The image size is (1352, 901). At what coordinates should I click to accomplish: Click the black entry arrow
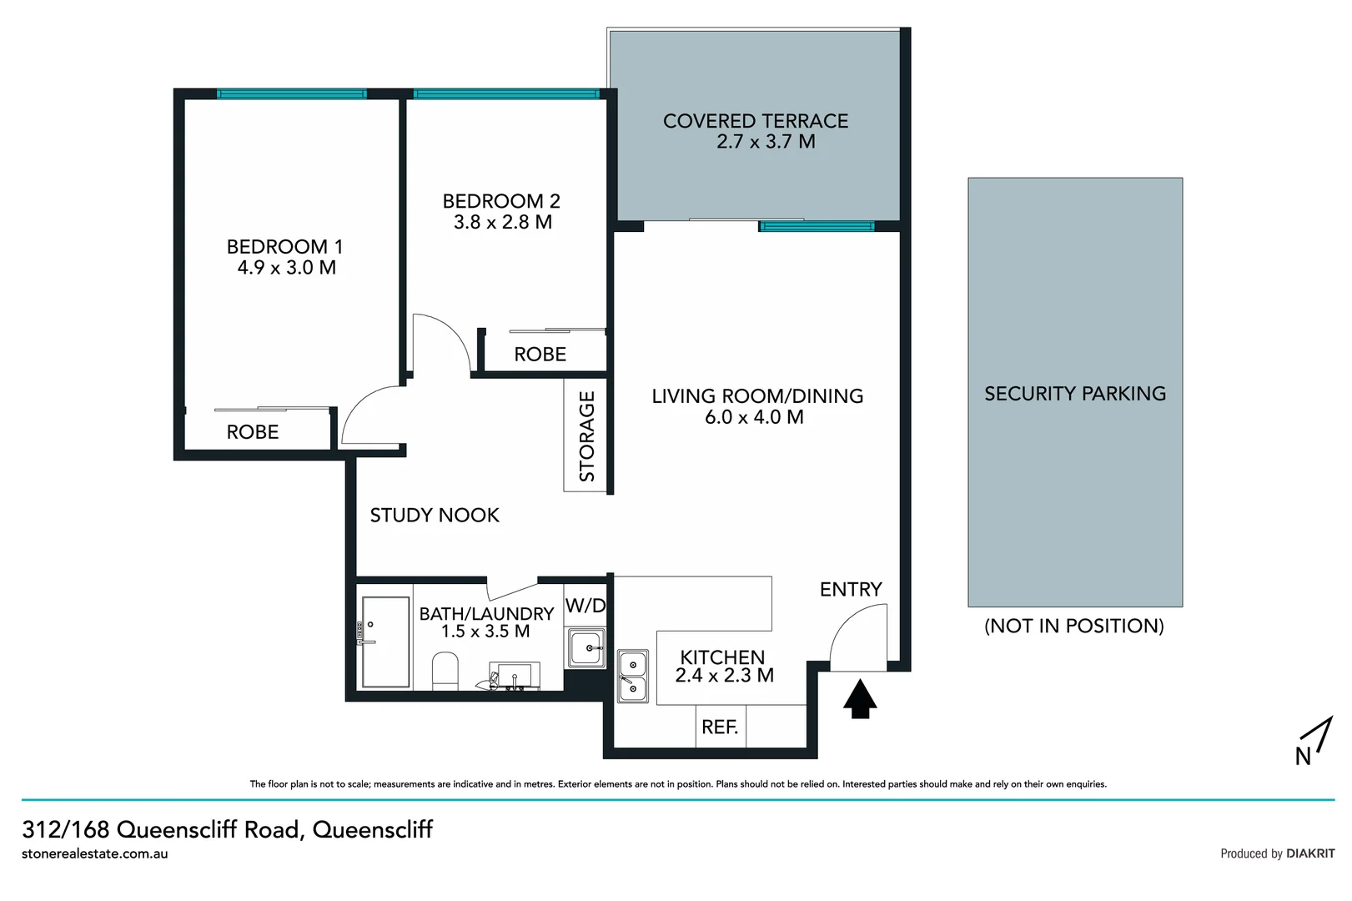pyautogui.click(x=860, y=699)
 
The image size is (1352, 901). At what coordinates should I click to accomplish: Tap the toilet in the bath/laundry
pyautogui.click(x=445, y=672)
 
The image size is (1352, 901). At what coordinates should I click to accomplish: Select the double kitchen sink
pyautogui.click(x=633, y=676)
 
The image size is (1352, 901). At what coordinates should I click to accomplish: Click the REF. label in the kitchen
pyautogui.click(x=720, y=727)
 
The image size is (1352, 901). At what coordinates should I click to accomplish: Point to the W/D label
pyautogui.click(x=586, y=606)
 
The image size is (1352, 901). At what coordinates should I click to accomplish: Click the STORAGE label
pyautogui.click(x=587, y=436)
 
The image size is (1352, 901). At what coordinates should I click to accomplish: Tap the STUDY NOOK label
pyautogui.click(x=435, y=516)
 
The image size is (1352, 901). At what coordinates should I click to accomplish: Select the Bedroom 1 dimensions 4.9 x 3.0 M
pyautogui.click(x=287, y=268)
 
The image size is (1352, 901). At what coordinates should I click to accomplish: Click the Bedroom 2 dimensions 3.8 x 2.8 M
pyautogui.click(x=503, y=222)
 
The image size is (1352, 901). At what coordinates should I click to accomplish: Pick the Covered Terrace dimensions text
pyautogui.click(x=766, y=142)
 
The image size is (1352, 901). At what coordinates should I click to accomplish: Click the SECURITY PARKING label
pyautogui.click(x=1075, y=394)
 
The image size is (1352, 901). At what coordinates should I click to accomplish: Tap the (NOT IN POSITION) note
pyautogui.click(x=1074, y=626)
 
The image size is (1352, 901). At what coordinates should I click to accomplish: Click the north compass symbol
pyautogui.click(x=1312, y=742)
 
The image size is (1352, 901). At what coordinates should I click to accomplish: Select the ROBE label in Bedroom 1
pyautogui.click(x=253, y=432)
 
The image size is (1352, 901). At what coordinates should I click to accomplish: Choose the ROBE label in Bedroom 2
pyautogui.click(x=540, y=355)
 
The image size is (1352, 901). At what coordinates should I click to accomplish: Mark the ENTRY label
pyautogui.click(x=851, y=590)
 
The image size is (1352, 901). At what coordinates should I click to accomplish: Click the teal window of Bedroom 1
pyautogui.click(x=292, y=94)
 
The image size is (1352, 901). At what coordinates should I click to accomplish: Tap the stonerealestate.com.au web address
pyautogui.click(x=95, y=853)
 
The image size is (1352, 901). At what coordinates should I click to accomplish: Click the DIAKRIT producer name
pyautogui.click(x=1310, y=853)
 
